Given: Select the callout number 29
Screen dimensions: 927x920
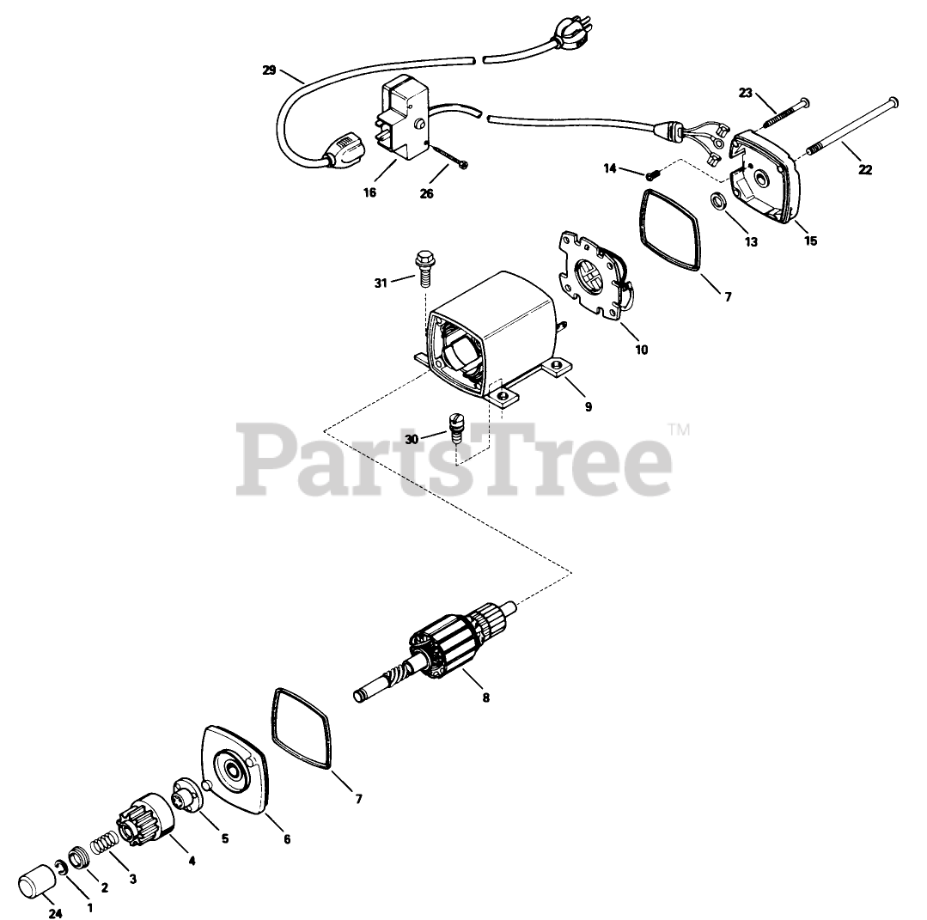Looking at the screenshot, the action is pyautogui.click(x=269, y=70).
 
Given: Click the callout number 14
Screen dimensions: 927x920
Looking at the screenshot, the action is pyautogui.click(x=611, y=168).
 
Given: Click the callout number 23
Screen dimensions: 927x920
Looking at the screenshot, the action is pyautogui.click(x=744, y=94).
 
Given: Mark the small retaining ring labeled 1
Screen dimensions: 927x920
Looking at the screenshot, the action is pyautogui.click(x=61, y=865).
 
